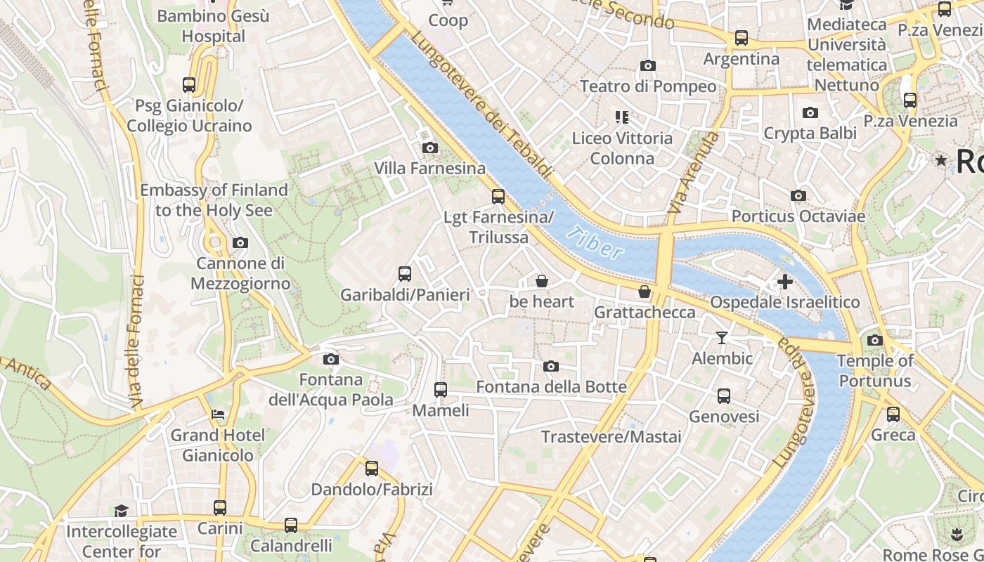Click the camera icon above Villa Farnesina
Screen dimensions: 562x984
coord(429,148)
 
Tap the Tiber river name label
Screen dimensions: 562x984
coord(595,243)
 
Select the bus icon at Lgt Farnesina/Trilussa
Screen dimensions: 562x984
coord(498,196)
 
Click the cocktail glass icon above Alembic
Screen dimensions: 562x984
coord(721,338)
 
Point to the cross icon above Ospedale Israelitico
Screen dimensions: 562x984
coord(784,282)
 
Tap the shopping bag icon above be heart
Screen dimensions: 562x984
coord(542,281)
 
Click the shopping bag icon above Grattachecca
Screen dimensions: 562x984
coord(645,292)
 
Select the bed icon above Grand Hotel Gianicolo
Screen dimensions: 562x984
coord(218,414)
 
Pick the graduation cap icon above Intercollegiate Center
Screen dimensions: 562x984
coord(121,511)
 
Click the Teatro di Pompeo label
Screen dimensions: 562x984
coord(647,86)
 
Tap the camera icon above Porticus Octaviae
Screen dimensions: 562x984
coord(798,195)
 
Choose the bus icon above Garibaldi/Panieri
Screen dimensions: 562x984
coord(405,273)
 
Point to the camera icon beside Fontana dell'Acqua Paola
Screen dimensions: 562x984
coord(330,360)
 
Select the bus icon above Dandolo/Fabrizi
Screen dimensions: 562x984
coord(372,468)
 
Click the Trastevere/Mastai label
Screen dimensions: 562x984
coord(611,437)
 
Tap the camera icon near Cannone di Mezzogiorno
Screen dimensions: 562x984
coord(240,242)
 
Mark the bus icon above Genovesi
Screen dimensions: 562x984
coord(724,396)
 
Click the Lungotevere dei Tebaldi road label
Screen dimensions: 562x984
coord(481,105)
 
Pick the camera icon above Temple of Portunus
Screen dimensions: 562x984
coord(874,340)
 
